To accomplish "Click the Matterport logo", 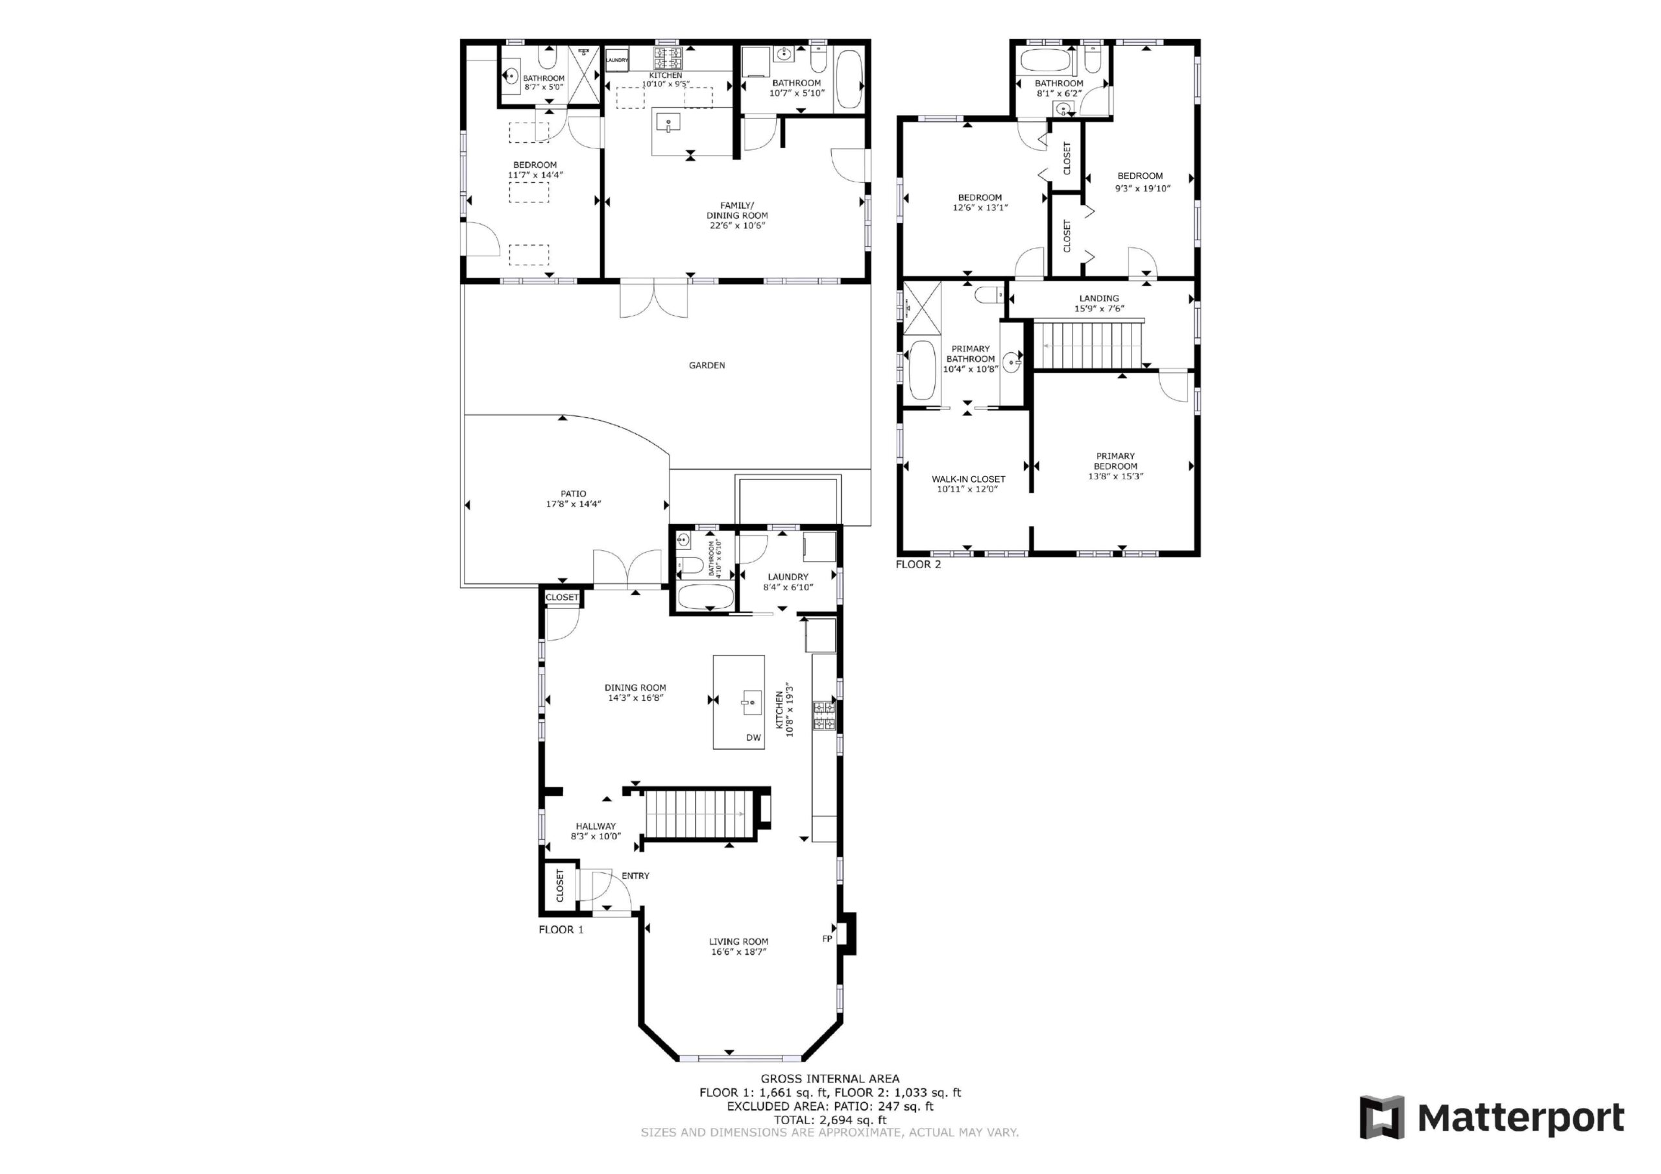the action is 1492,1118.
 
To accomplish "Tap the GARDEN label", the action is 706,365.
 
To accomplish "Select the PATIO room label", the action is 573,494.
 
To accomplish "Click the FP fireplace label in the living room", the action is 827,939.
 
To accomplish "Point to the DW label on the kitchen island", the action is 753,738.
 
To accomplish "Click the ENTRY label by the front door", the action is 635,876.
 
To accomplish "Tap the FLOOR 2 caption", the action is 918,564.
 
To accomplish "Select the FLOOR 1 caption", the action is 561,929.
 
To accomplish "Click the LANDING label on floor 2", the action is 1099,298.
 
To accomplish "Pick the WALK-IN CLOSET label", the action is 968,479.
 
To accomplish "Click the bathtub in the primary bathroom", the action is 921,370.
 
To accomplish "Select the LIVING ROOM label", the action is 738,942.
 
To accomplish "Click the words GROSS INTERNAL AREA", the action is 830,1079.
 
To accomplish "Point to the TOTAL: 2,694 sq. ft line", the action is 830,1120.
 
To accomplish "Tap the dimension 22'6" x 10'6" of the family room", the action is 737,225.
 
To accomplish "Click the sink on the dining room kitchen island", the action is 753,702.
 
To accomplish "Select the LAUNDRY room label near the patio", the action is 788,577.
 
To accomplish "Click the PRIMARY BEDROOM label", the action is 1115,461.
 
